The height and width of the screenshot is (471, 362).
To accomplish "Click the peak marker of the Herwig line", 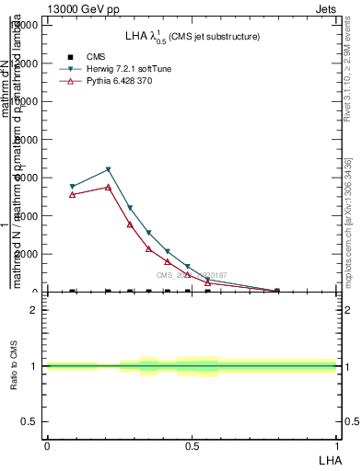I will pos(109,169).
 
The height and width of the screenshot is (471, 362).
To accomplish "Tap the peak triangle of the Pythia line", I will pos(109,187).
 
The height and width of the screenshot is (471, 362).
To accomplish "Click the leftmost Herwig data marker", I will pos(73,187).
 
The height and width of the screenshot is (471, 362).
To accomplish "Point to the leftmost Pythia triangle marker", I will pos(73,194).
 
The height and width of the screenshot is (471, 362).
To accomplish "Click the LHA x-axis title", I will pos(328,459).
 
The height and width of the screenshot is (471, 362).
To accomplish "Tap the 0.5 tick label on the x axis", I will pos(192,445).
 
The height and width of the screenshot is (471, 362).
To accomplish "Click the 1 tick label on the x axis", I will pos(337,445).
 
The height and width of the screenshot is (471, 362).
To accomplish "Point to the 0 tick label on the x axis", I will pos(47,445).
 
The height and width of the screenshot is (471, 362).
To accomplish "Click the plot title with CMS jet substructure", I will pos(192,37).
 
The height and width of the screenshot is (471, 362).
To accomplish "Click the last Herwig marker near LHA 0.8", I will pos(277,291).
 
